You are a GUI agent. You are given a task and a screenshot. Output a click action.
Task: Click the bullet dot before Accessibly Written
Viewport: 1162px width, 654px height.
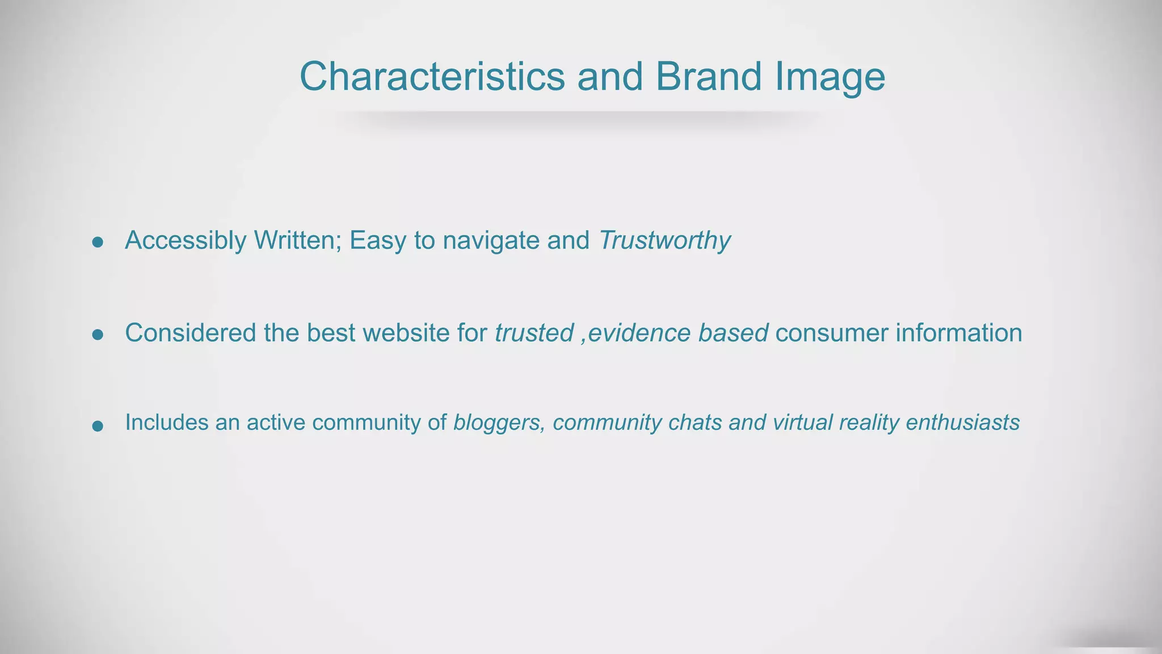point(98,242)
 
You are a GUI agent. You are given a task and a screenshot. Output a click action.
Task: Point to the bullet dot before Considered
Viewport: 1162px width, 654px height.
point(98,335)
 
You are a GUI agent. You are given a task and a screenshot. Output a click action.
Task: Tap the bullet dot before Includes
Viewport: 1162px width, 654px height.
point(98,426)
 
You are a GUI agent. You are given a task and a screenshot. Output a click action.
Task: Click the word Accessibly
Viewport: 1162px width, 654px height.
point(186,241)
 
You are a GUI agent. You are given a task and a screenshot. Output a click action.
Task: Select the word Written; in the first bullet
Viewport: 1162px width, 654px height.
point(298,240)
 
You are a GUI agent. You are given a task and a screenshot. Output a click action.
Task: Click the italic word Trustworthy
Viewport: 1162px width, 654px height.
point(664,241)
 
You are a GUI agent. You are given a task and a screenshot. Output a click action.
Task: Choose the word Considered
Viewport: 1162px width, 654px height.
point(191,333)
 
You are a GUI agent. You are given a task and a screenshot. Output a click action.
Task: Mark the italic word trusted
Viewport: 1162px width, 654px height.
point(534,333)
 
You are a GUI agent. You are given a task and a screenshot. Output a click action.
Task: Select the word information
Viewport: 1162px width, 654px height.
point(959,333)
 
